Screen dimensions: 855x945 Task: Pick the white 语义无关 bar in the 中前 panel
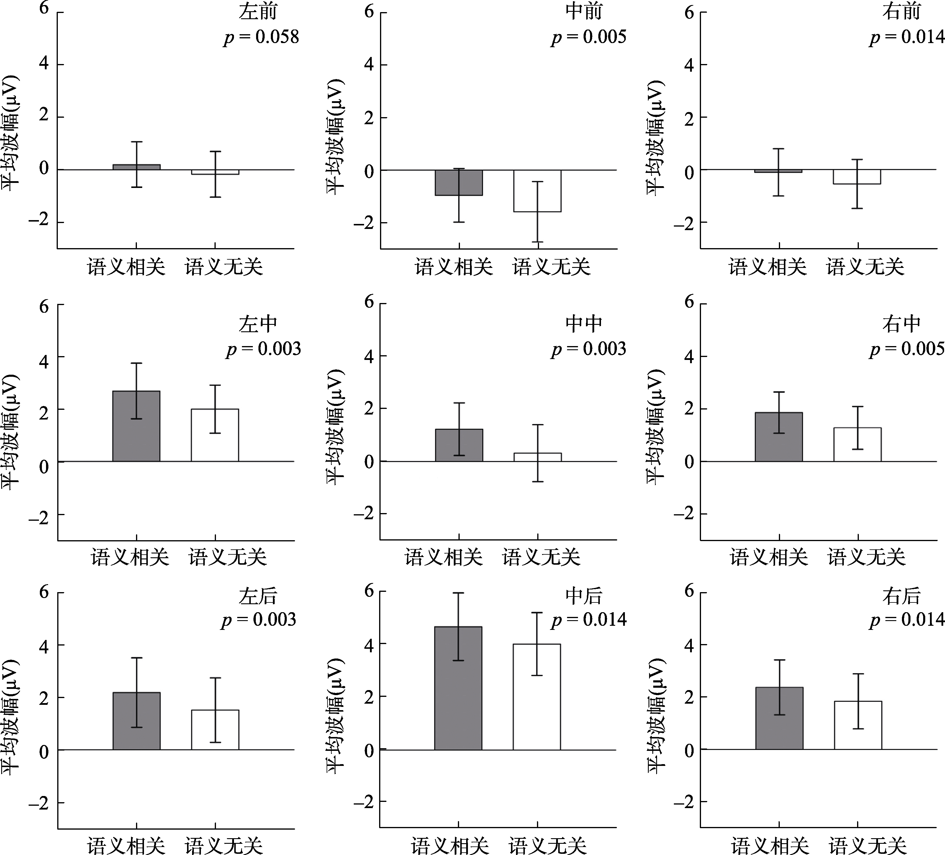[x=537, y=191]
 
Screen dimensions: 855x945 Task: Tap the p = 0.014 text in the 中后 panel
[x=589, y=620]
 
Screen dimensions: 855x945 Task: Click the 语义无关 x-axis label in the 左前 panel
[x=224, y=267]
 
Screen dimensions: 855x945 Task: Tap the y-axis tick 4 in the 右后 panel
[x=689, y=646]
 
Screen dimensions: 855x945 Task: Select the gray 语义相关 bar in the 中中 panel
[x=458, y=445]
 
